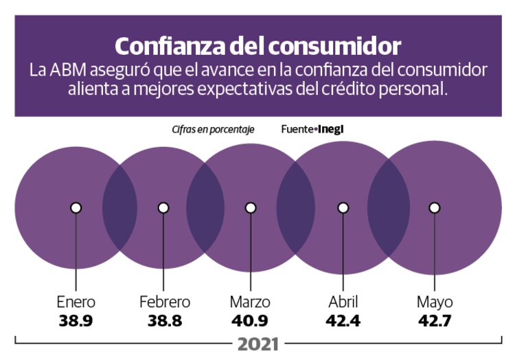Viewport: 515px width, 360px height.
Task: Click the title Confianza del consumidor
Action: click(257, 45)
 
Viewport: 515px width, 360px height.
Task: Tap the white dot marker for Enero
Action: click(76, 207)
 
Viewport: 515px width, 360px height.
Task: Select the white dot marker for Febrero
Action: click(163, 207)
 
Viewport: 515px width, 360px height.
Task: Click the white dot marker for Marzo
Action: click(251, 207)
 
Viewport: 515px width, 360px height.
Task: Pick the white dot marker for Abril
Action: click(343, 207)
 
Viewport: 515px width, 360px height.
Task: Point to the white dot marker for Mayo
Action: click(434, 207)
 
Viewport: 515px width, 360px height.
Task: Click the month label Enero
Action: click(76, 302)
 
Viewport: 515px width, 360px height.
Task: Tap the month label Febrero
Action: click(164, 302)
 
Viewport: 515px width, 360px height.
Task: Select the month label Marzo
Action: click(251, 302)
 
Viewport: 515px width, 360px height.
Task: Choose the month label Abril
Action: click(343, 302)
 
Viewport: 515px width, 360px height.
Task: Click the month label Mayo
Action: click(434, 303)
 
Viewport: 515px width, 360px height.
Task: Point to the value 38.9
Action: click(76, 320)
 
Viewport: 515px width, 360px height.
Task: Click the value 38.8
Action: click(164, 320)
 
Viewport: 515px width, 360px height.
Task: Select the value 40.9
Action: click(251, 320)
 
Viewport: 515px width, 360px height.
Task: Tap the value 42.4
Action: click(343, 320)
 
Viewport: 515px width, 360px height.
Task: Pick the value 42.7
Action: click(434, 320)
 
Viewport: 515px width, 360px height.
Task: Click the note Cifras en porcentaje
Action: click(213, 129)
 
